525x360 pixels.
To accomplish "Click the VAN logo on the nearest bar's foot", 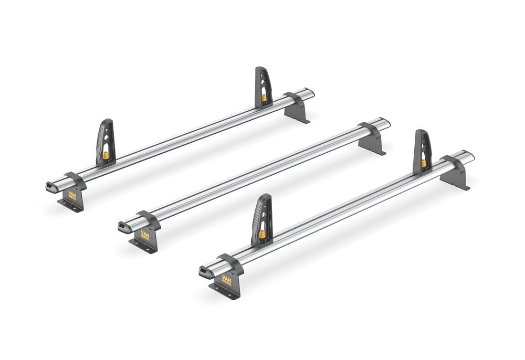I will pos(227,279).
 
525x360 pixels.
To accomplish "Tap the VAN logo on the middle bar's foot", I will pos(145,236).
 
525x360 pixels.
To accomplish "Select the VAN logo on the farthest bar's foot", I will pos(70,193).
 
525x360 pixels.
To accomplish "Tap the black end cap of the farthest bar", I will pos(50,186).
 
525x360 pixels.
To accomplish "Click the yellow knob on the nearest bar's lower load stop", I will pos(261,233).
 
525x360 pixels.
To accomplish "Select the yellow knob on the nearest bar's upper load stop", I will pos(424,163).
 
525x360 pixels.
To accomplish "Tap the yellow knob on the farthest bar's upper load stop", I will pos(264,97).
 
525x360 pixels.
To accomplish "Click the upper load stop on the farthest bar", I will pos(263,87).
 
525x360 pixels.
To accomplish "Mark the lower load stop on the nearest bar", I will pos(262,218).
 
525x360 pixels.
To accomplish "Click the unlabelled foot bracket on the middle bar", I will pos(372,139).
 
